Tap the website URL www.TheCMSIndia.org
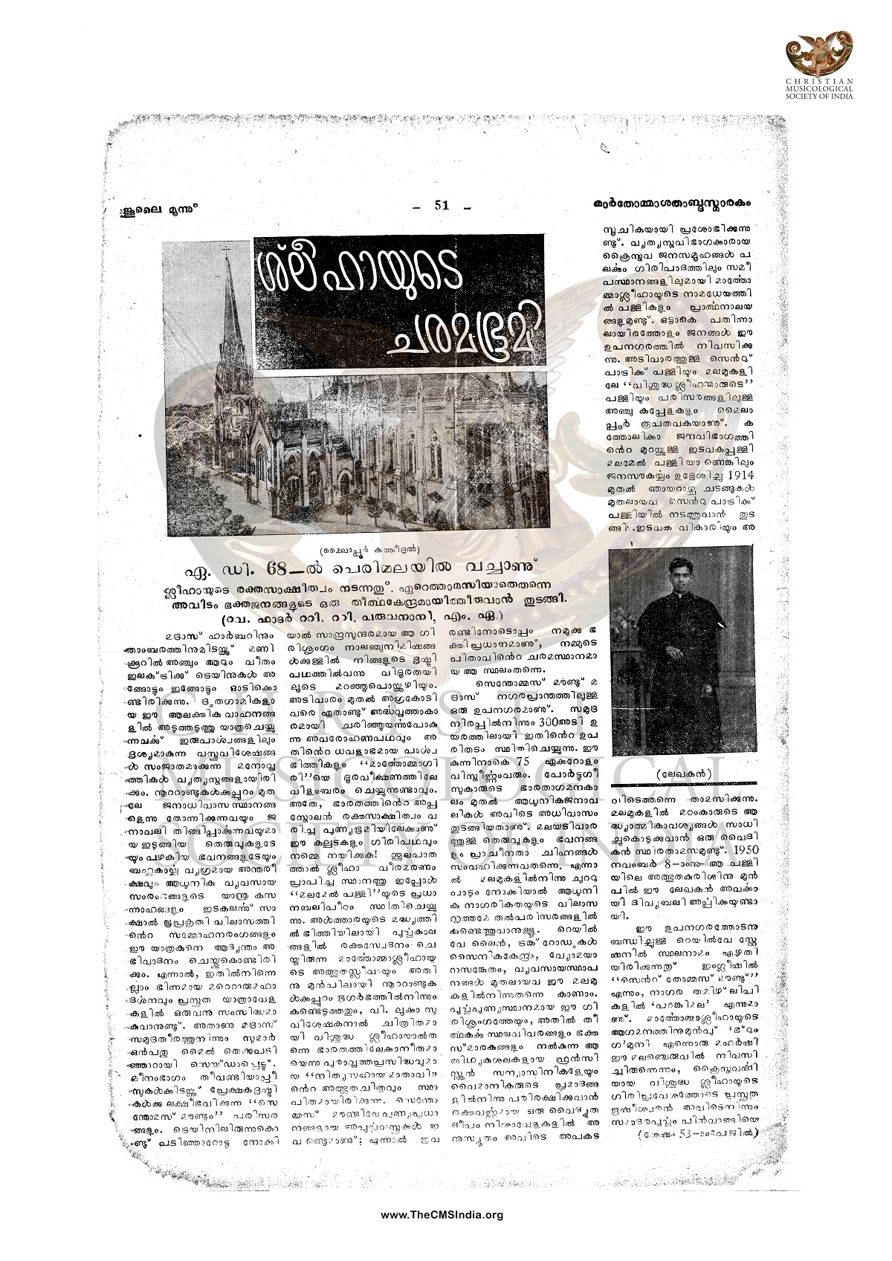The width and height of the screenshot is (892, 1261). [x=442, y=1215]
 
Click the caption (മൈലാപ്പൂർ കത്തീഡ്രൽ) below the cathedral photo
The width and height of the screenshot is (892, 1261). [x=357, y=550]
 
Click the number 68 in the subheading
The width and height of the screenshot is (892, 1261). [x=319, y=570]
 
